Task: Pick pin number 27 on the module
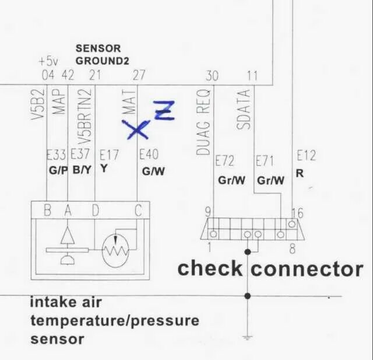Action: [139, 75]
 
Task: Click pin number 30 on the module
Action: [212, 75]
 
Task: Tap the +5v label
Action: [49, 61]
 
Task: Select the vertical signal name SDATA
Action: [245, 110]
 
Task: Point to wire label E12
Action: [306, 156]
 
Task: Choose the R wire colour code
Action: [300, 174]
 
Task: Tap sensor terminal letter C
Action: [138, 211]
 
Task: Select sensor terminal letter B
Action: [47, 211]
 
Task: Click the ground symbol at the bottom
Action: [248, 337]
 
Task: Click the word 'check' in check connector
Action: [209, 268]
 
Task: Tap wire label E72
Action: [224, 160]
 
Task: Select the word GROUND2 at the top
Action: [102, 61]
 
